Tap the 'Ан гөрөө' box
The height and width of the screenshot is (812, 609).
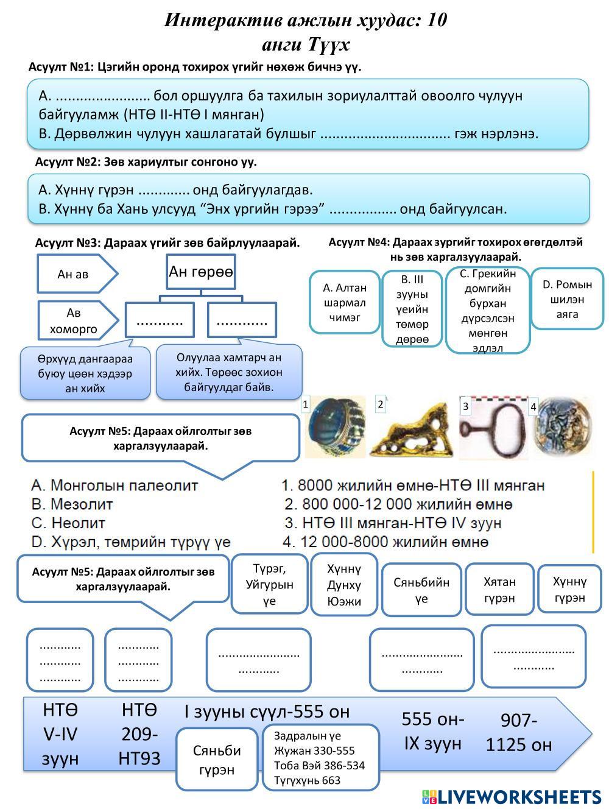click(x=200, y=272)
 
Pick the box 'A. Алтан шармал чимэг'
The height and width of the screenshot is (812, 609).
click(x=345, y=302)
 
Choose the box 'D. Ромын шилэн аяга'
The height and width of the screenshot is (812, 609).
click(x=567, y=299)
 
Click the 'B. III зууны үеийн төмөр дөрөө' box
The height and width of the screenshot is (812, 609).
click(x=412, y=309)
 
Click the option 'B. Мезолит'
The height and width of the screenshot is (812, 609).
click(x=72, y=504)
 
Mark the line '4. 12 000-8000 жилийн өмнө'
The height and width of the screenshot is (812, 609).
click(x=385, y=542)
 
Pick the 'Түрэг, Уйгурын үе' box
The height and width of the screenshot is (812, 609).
click(x=269, y=584)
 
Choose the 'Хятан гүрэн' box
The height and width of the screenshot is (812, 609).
click(x=499, y=590)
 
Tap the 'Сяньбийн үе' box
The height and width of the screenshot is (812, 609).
click(x=421, y=590)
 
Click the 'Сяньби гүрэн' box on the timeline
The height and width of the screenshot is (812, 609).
click(x=217, y=760)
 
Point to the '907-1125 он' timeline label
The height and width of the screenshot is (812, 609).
click(x=519, y=732)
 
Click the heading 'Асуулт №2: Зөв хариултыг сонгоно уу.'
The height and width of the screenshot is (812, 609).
click(x=146, y=162)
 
